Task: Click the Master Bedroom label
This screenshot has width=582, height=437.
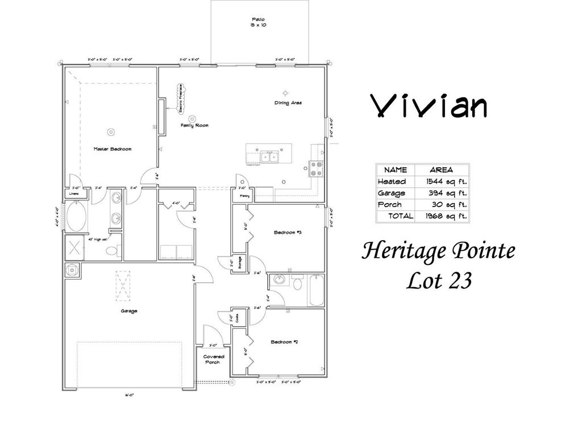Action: click(x=113, y=149)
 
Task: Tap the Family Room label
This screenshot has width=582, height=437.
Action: click(x=194, y=125)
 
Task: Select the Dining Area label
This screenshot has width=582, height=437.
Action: click(x=288, y=103)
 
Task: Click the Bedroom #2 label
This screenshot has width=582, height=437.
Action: click(x=285, y=342)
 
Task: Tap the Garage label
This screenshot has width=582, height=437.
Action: click(x=128, y=311)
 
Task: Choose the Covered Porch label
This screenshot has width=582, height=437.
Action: click(x=214, y=359)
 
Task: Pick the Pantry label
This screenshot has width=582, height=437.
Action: click(x=244, y=196)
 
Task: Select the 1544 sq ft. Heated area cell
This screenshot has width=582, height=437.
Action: click(x=441, y=182)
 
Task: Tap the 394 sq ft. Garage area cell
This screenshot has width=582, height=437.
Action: click(x=441, y=193)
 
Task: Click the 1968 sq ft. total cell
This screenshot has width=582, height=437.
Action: click(x=441, y=216)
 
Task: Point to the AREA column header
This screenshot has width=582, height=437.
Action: click(x=441, y=170)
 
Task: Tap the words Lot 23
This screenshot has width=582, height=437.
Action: click(x=438, y=281)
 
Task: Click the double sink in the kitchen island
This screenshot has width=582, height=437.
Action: click(x=268, y=156)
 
